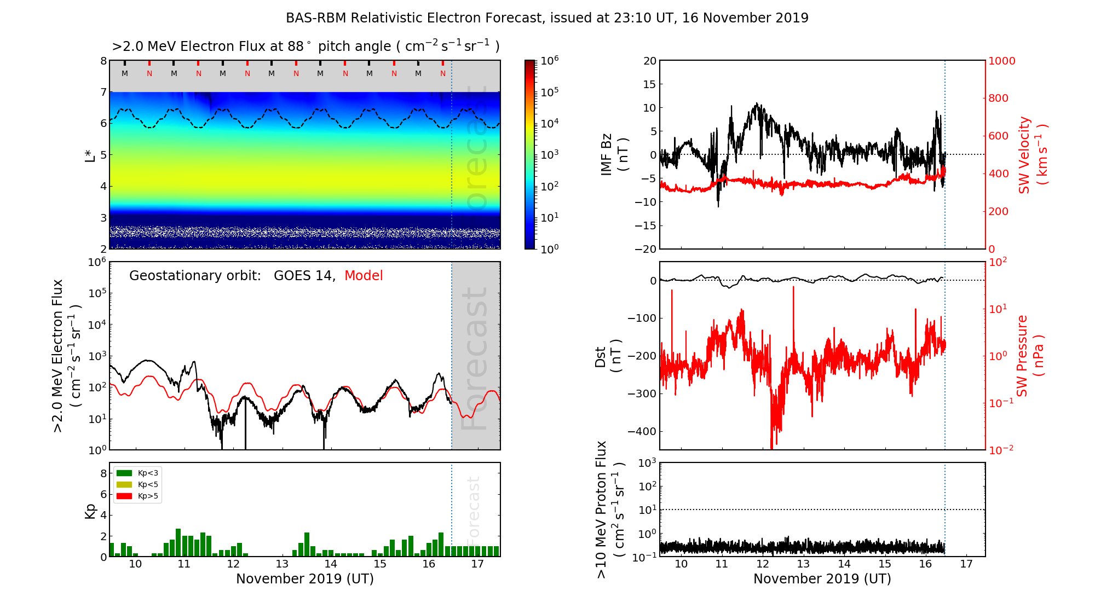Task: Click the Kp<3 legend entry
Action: coord(137,473)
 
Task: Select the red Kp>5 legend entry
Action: coord(137,496)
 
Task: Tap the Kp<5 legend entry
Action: coord(137,485)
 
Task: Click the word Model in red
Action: coord(364,276)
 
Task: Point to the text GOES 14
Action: coord(304,276)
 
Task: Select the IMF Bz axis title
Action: coord(614,155)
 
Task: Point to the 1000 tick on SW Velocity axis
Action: coord(1001,61)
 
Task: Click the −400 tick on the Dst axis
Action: coord(642,431)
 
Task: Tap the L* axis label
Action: coord(90,155)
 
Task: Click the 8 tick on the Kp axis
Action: coord(103,473)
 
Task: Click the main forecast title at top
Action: coord(547,18)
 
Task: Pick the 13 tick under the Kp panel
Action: coord(282,564)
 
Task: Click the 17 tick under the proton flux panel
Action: coord(966,564)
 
